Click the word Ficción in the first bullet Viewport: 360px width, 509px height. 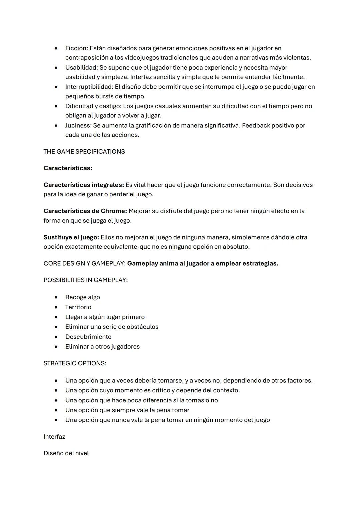coord(76,48)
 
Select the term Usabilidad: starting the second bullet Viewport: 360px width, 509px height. coord(81,68)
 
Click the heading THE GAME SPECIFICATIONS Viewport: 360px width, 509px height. coord(84,152)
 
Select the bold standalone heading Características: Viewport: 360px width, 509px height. coord(68,168)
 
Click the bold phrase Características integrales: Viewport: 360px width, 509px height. coord(84,185)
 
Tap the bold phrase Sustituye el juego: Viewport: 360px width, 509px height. coord(71,238)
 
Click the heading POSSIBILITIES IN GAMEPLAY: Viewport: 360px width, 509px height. coord(85,280)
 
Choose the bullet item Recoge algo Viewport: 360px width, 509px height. coord(82,297)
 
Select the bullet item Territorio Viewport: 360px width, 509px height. coord(78,307)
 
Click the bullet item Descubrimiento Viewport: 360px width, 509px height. coord(88,337)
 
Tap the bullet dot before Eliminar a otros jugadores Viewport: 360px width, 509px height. coord(56,347)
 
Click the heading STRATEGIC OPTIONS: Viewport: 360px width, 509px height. coord(75,364)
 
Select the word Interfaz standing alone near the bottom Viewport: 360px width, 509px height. coord(54,437)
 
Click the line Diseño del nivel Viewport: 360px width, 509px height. coord(66,454)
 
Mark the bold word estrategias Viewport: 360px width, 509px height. coord(260,264)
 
